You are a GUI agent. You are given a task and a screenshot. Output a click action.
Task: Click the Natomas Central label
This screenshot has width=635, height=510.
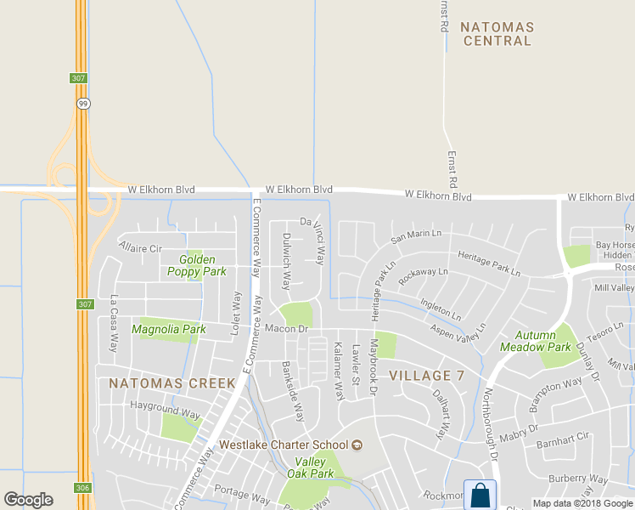497,33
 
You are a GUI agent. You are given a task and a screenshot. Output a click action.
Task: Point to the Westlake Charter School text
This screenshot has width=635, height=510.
284,445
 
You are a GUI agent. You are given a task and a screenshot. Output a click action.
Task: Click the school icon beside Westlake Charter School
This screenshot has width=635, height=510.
357,445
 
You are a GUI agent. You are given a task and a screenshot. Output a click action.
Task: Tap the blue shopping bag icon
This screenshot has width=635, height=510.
479,494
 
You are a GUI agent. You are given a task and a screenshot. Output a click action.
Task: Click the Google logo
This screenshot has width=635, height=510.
28,500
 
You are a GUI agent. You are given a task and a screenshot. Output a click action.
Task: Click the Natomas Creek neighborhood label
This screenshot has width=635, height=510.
172,383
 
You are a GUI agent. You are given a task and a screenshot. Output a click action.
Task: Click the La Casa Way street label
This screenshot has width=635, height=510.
114,324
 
